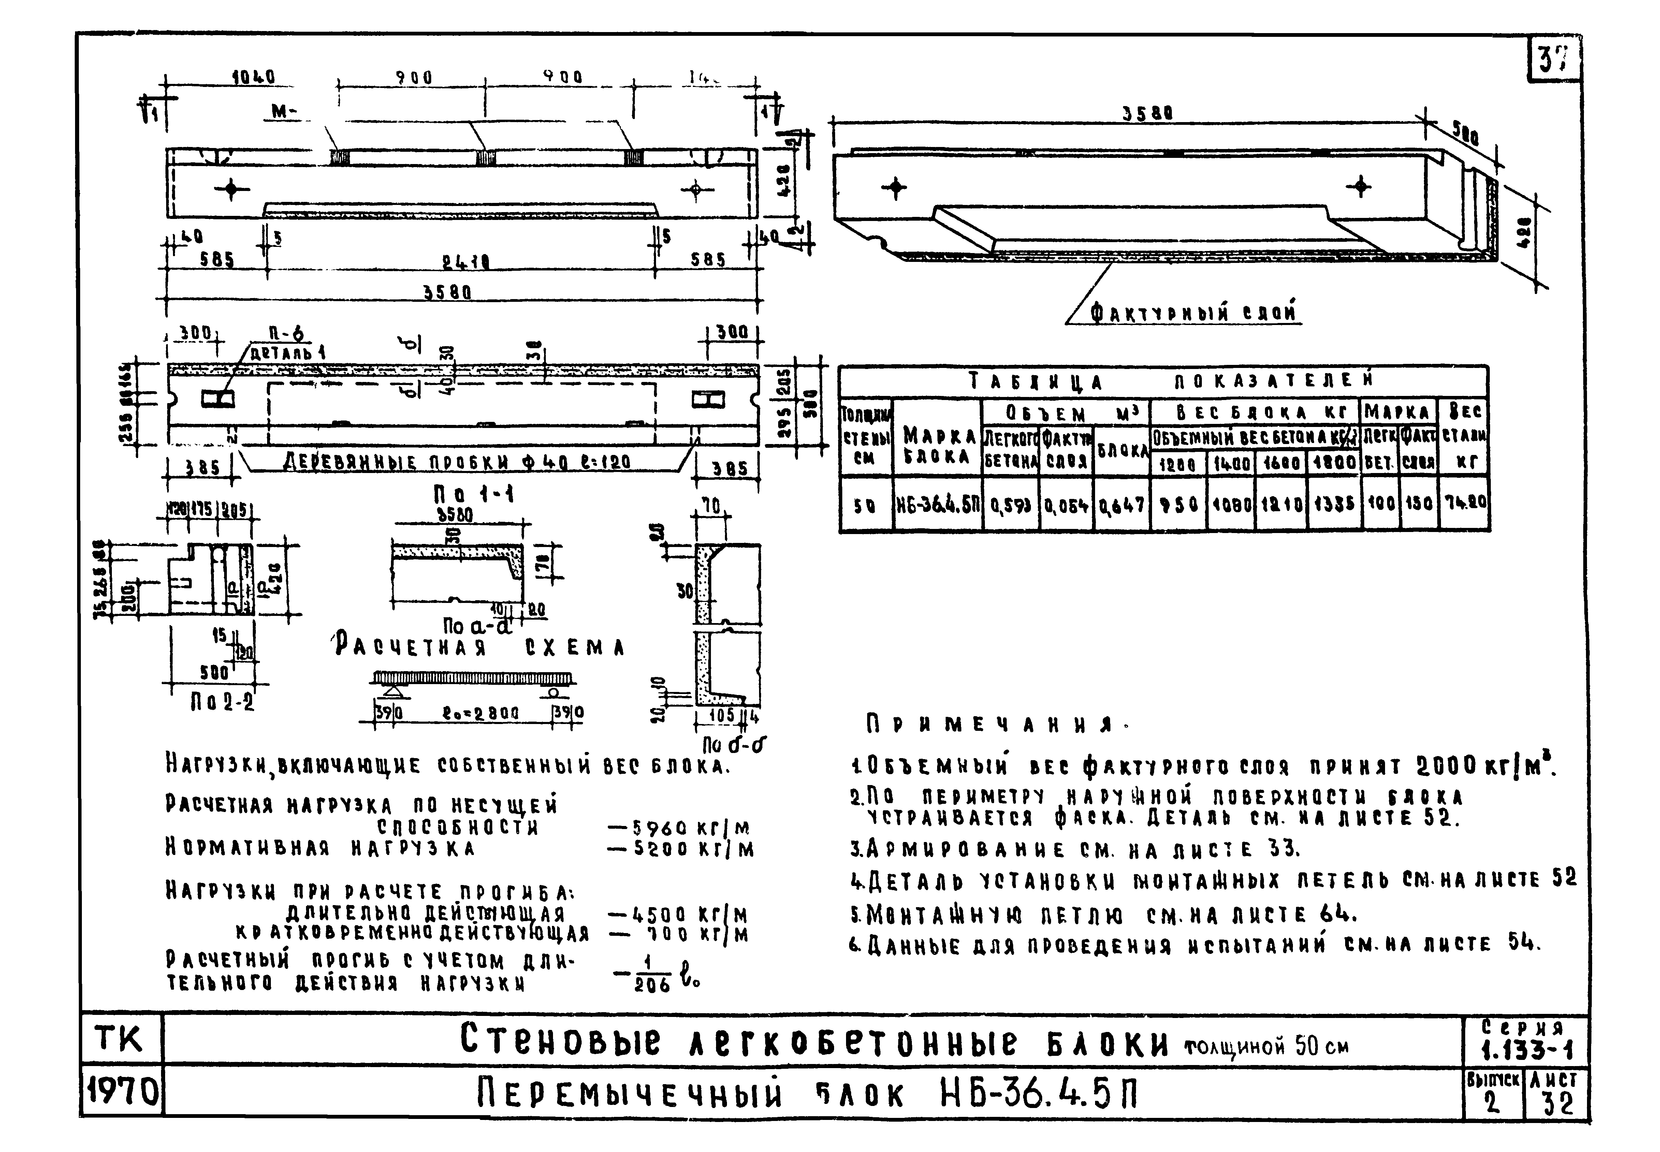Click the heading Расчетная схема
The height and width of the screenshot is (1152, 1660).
tap(479, 647)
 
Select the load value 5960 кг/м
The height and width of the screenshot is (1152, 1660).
tap(681, 827)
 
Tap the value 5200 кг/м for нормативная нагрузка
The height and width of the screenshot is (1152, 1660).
tap(681, 850)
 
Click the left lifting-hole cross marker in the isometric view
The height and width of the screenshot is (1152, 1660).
tap(894, 188)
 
